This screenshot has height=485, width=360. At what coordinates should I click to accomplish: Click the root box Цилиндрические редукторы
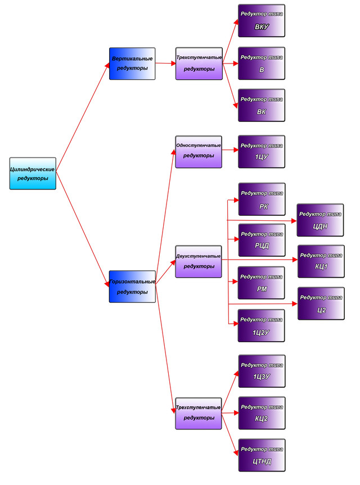click(x=33, y=173)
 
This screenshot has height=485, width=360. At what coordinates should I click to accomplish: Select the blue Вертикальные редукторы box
click(x=132, y=63)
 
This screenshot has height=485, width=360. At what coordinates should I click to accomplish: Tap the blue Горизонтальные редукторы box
click(x=132, y=287)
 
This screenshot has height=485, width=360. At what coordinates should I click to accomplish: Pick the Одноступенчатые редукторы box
click(x=199, y=151)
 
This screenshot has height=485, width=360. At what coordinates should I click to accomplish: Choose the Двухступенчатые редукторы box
click(x=199, y=261)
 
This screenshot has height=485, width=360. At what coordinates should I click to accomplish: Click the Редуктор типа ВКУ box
click(x=262, y=20)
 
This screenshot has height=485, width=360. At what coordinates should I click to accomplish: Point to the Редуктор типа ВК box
click(x=262, y=105)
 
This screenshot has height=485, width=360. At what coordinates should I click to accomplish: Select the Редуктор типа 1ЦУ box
click(x=262, y=151)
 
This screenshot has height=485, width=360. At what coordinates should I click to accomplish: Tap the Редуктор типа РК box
click(x=262, y=199)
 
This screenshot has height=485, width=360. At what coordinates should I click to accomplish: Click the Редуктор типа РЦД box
click(x=262, y=240)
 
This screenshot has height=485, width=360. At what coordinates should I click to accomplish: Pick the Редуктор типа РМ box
click(x=262, y=283)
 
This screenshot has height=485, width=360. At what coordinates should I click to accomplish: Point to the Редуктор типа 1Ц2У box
click(x=262, y=325)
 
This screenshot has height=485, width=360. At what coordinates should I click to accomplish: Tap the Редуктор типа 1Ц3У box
click(x=262, y=371)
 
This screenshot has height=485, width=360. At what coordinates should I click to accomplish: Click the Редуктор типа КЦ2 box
click(x=262, y=413)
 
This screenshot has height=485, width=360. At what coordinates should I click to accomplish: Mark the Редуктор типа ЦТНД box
click(x=262, y=455)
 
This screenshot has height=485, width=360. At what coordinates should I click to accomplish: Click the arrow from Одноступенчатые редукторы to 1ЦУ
click(x=230, y=150)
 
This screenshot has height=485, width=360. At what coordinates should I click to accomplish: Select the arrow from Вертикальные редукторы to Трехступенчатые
click(x=165, y=63)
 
